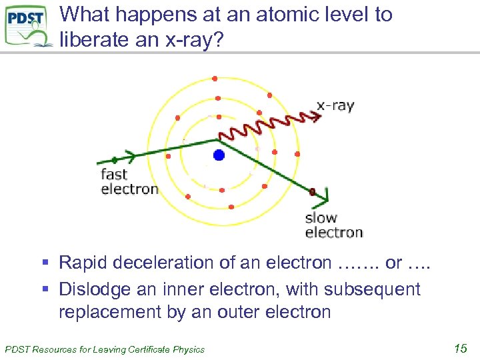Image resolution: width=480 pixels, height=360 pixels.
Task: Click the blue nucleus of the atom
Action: [x=219, y=155]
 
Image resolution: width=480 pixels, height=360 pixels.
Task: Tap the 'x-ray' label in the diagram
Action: [x=335, y=105]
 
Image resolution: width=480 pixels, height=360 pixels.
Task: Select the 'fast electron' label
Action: [x=129, y=181]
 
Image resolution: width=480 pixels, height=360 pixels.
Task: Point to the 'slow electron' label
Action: [x=333, y=225]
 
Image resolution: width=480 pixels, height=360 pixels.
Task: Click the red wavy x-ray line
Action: [x=267, y=125]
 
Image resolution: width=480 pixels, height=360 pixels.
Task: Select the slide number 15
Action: [x=459, y=347]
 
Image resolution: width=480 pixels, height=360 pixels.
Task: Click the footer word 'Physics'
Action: [x=189, y=349]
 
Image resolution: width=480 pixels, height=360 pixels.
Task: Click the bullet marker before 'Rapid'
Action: [x=51, y=263]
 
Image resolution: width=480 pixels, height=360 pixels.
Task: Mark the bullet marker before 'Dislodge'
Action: [x=51, y=290]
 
